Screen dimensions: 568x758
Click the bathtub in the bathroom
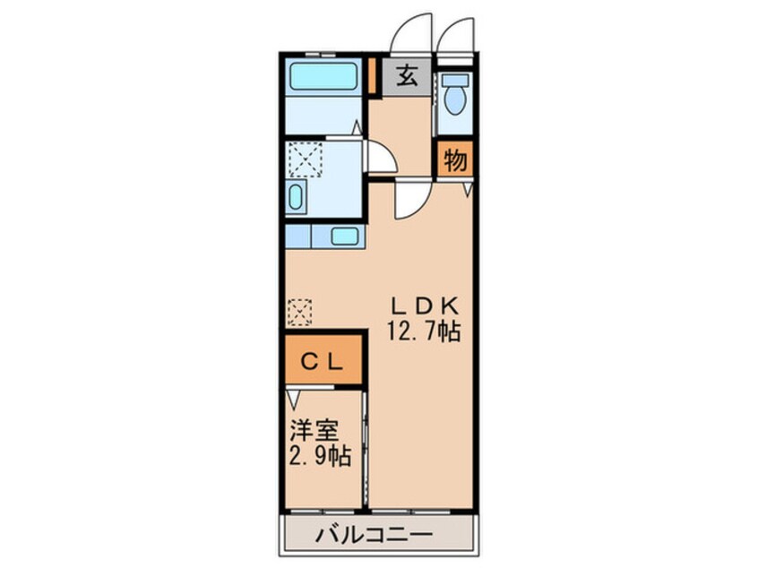(323, 76)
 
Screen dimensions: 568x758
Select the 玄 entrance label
(408, 77)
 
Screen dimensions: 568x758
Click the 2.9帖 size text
(319, 455)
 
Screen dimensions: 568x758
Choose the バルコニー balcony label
(375, 536)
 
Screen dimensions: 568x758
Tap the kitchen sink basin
(344, 237)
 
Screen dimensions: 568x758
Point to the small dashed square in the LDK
(298, 312)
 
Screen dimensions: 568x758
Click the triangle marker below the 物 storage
(467, 190)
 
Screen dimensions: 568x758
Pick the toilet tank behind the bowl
(455, 79)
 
